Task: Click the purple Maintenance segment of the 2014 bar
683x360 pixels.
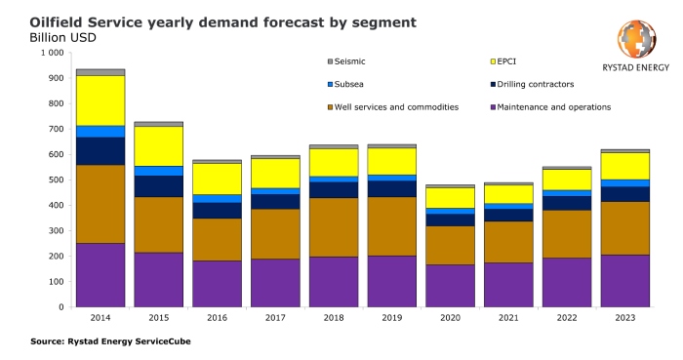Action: click(x=100, y=275)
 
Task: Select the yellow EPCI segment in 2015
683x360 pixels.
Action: click(x=158, y=145)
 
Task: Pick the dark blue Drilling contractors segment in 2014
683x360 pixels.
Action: click(x=100, y=151)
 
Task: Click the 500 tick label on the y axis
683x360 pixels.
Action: click(x=55, y=180)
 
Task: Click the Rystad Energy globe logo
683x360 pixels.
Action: click(x=636, y=39)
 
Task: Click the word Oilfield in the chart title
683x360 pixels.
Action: click(x=60, y=20)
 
